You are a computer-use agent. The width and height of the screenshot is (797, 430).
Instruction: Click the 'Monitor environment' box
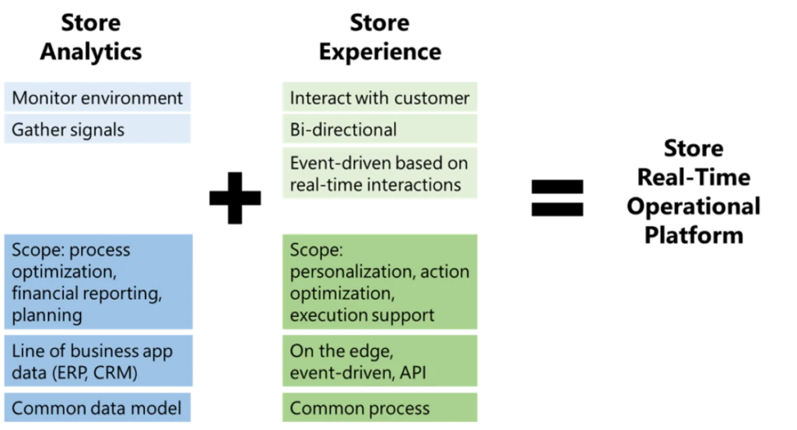[x=97, y=98]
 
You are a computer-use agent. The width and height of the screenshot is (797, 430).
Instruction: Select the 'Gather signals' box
[x=97, y=130]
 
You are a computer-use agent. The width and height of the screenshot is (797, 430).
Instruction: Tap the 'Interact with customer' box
[x=379, y=98]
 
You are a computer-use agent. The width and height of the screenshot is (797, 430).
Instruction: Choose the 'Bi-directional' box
[x=379, y=130]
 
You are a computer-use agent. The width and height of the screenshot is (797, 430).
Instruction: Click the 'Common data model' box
[x=97, y=408]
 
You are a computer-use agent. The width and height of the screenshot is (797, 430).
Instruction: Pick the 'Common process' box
[x=379, y=408]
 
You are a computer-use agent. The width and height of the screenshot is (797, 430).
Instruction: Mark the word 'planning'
[x=47, y=315]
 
